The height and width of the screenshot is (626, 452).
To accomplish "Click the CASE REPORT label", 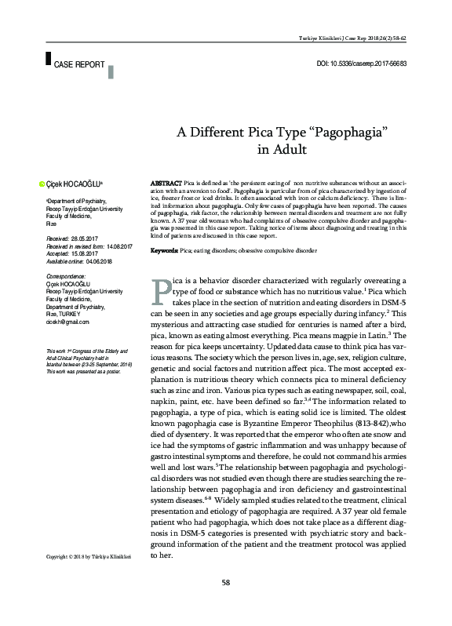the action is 79,64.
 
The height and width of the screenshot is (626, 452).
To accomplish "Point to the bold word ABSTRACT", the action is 166,182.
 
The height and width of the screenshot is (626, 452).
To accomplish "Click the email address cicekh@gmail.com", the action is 67,322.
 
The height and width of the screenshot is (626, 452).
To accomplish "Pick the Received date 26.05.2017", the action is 89,237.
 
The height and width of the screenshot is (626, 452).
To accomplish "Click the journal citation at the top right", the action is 368,38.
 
